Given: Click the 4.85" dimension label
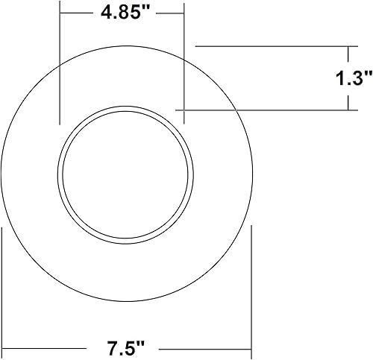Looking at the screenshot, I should [x=122, y=13].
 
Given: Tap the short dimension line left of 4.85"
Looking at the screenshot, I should [x=75, y=13].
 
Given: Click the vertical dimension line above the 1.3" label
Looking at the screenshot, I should [x=348, y=56].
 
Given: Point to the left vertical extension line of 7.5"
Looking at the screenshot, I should [x=4, y=291].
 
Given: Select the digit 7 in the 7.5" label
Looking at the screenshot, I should [x=112, y=347].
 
